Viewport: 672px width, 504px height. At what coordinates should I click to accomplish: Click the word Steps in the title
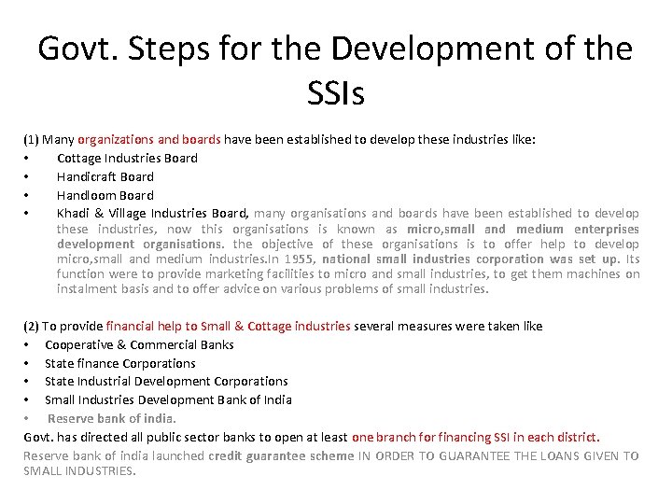162,49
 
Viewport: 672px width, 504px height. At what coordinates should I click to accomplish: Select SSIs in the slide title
335,91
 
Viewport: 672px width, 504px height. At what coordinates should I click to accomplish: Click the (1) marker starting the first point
31,140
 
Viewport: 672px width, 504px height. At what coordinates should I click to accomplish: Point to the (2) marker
31,327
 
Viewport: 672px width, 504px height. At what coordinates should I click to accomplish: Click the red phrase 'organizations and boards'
149,140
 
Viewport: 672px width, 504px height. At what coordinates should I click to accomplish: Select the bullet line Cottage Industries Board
127,159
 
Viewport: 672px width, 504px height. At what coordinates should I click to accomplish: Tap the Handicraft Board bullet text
105,176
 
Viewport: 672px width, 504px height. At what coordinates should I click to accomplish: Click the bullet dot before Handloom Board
27,196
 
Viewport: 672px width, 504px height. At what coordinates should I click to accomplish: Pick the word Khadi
73,214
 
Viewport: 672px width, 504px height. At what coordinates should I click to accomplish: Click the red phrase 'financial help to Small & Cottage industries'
229,327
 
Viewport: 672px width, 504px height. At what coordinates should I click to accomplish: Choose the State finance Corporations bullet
120,363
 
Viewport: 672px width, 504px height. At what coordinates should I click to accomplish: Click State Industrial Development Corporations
166,381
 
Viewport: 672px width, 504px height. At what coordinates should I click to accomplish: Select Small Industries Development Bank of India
168,399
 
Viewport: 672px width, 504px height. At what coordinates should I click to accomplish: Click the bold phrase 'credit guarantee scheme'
281,456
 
